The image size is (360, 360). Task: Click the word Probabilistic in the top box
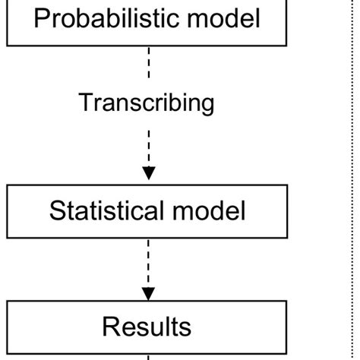109,18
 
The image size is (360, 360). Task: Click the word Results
147,327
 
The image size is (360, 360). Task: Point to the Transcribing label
147,102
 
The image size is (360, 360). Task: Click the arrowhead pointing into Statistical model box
148,173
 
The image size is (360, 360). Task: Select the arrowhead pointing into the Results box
148,292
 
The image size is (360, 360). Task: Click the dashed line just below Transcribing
148,144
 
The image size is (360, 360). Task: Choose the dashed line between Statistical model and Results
148,262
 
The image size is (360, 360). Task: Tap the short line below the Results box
148,355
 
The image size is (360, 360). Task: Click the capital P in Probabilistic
42,18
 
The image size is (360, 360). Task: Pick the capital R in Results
109,327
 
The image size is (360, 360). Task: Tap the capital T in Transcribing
85,102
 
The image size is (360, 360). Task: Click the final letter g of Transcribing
207,104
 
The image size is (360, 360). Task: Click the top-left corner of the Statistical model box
8,188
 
